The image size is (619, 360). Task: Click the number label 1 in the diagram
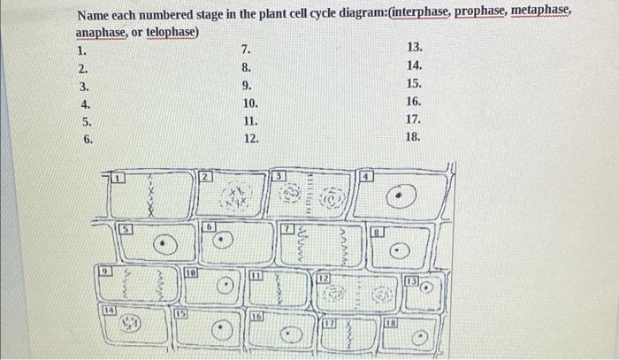pos(124,179)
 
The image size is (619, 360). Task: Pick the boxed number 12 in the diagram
pos(324,280)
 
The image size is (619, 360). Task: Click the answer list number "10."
pos(249,103)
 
